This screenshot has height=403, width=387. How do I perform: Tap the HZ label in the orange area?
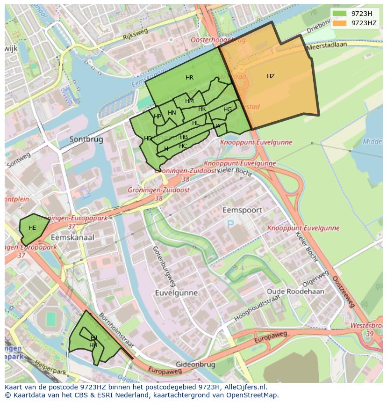point(271,76)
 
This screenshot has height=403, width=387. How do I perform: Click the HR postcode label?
point(189,78)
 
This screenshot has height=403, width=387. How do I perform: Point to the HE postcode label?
point(32,228)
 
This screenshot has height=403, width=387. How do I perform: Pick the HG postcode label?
point(228,110)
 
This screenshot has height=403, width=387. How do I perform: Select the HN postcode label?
point(172,113)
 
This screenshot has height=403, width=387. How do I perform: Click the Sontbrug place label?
point(86,139)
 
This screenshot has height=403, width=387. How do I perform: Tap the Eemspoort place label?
point(242,210)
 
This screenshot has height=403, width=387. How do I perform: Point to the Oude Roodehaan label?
point(295,291)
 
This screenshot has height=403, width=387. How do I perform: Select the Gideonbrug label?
point(195,364)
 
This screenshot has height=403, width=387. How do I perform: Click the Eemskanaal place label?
point(72,237)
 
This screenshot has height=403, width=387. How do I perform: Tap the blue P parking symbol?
point(230,225)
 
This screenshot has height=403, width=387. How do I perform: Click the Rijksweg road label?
point(135,34)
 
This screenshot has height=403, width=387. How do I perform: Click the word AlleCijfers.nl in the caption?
point(244,387)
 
